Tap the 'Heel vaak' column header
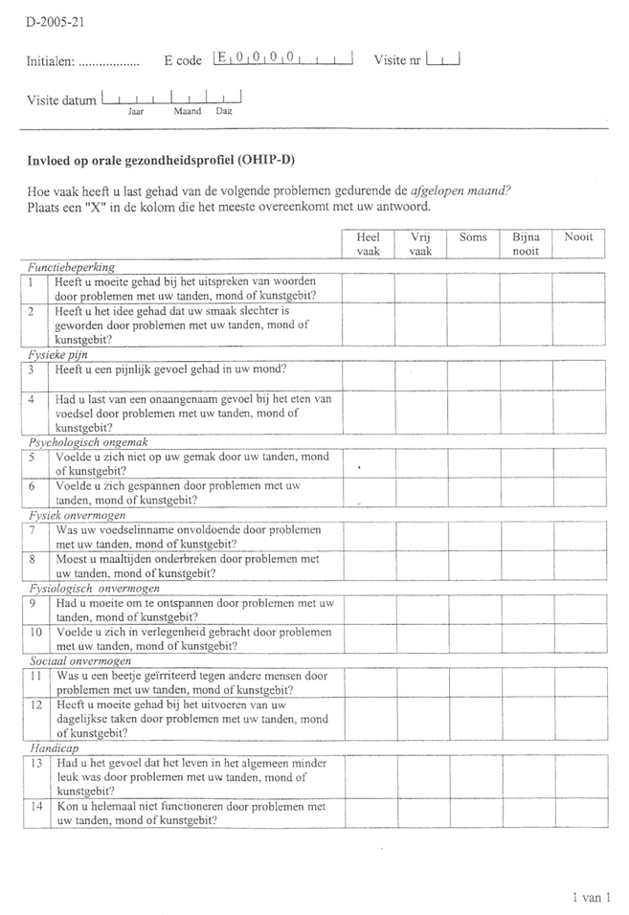click(369, 244)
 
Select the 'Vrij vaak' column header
click(420, 244)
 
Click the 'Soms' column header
click(473, 237)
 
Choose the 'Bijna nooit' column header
click(526, 244)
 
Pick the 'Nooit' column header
click(578, 237)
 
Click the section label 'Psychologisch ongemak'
click(85, 443)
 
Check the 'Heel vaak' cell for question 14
click(369, 814)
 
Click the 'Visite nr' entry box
click(443, 60)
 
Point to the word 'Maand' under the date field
click(187, 111)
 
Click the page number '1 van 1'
click(590, 897)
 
